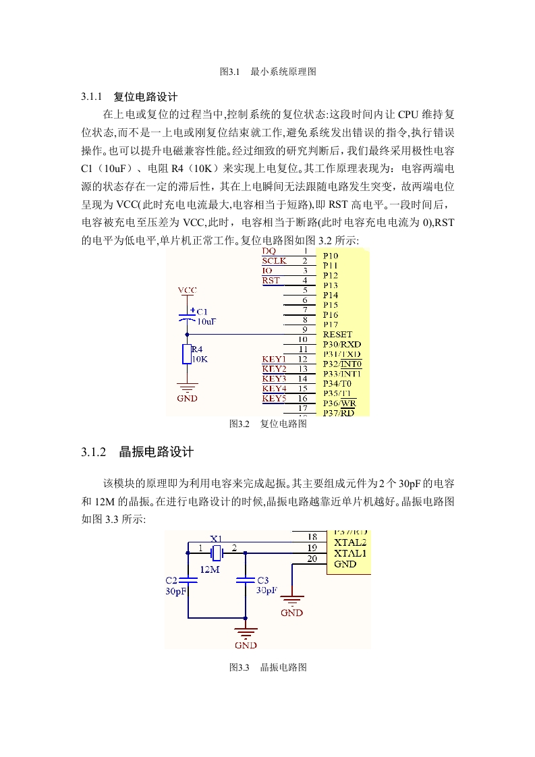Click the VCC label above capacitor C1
pyautogui.click(x=188, y=290)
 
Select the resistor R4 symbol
pyautogui.click(x=187, y=354)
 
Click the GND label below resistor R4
pyautogui.click(x=188, y=398)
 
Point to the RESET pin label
pyautogui.click(x=337, y=335)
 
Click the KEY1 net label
pyautogui.click(x=275, y=359)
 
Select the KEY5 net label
pyautogui.click(x=275, y=398)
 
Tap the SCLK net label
pyautogui.click(x=275, y=260)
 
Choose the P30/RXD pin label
pyautogui.click(x=342, y=344)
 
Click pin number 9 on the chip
pyautogui.click(x=305, y=329)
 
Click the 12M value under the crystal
pyautogui.click(x=210, y=569)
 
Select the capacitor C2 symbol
pyautogui.click(x=188, y=580)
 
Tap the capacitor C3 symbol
pyautogui.click(x=246, y=580)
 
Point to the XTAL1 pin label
pyautogui.click(x=350, y=553)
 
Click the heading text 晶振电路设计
pyautogui.click(x=157, y=452)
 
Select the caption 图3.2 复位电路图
pyautogui.click(x=268, y=424)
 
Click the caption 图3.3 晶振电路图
pyautogui.click(x=268, y=667)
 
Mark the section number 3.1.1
pyautogui.click(x=92, y=96)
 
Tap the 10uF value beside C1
pyautogui.click(x=206, y=322)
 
